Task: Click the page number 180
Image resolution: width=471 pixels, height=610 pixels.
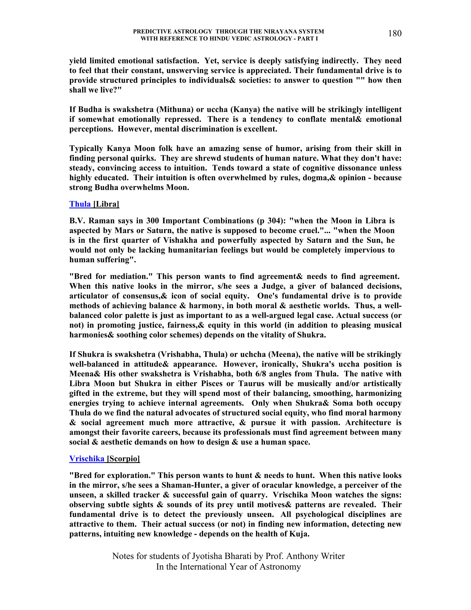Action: pos(395,34)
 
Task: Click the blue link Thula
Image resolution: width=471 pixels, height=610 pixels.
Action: pos(80,204)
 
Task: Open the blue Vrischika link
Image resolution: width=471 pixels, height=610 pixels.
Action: pos(86,459)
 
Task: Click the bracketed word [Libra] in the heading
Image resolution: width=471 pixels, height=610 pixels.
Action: pos(106,204)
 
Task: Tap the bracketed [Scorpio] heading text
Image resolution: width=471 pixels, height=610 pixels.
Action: pos(123,459)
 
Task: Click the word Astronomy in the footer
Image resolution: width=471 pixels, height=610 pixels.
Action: pos(280,567)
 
